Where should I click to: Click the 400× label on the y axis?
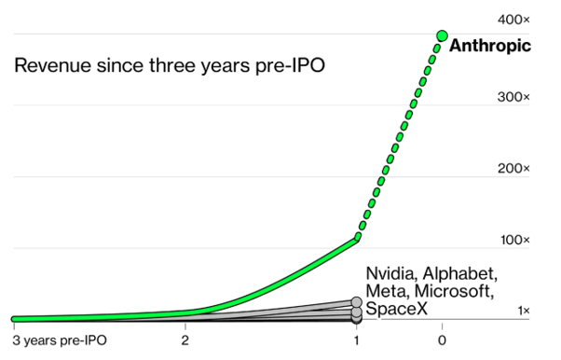tap(513, 20)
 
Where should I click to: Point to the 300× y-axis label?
tap(513, 97)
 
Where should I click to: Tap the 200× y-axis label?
tap(513, 169)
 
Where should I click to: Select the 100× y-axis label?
tap(514, 240)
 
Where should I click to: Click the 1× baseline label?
tap(524, 311)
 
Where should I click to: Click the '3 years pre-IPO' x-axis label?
tap(60, 340)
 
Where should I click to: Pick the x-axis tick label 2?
tap(185, 339)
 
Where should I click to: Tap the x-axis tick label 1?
tap(356, 339)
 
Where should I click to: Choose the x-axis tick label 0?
tap(442, 339)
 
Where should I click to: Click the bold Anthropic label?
tap(490, 46)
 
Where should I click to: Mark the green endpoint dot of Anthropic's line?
tap(443, 35)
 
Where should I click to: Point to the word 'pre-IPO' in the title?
tap(290, 65)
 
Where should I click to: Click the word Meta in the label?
tap(387, 291)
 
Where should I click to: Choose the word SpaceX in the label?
tap(396, 309)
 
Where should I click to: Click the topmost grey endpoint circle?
tap(356, 302)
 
